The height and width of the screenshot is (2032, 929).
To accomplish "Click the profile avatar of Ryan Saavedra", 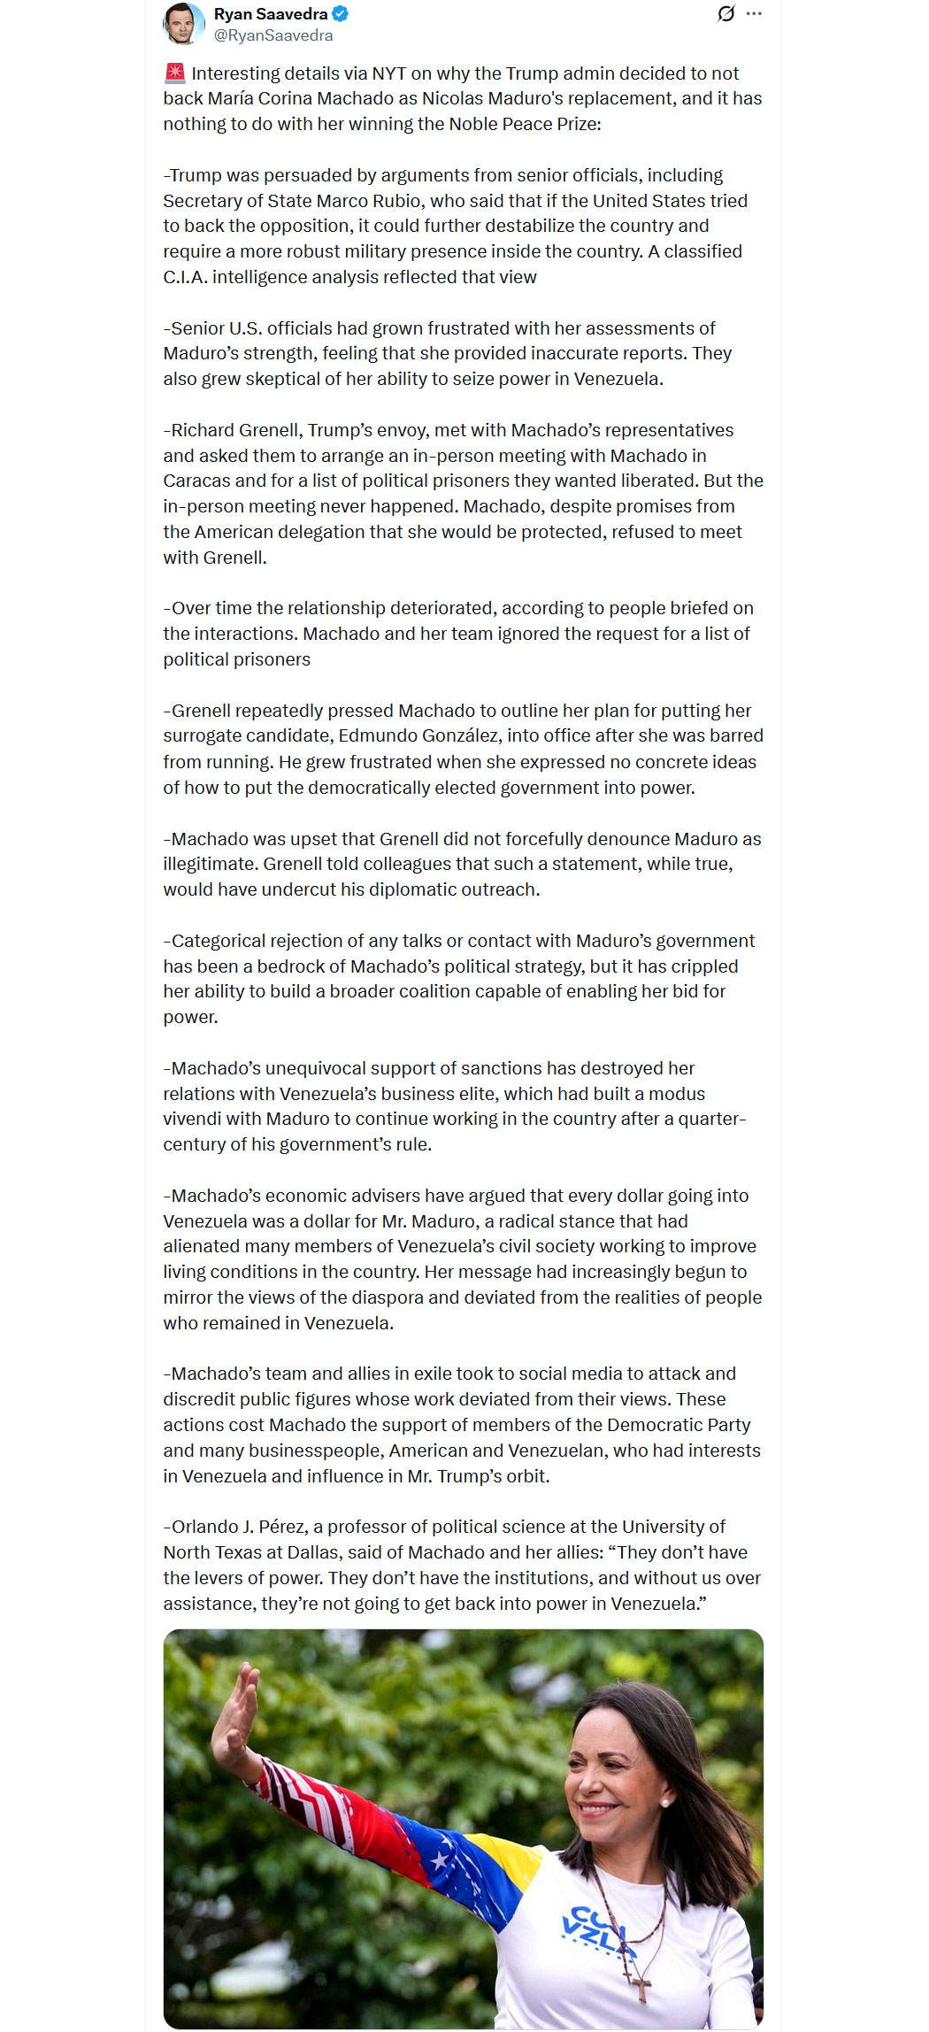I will [183, 23].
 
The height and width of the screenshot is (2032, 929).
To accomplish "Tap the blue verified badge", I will [341, 14].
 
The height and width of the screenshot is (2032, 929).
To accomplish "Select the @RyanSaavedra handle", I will [273, 35].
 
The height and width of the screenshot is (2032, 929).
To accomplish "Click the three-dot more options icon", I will [754, 13].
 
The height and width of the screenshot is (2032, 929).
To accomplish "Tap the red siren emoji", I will [174, 73].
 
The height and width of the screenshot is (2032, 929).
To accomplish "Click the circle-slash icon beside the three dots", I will [726, 13].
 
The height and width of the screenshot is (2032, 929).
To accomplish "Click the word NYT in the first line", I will [389, 73].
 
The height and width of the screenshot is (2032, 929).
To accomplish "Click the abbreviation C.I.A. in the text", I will [185, 277].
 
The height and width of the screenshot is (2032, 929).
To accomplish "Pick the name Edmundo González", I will [418, 735].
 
